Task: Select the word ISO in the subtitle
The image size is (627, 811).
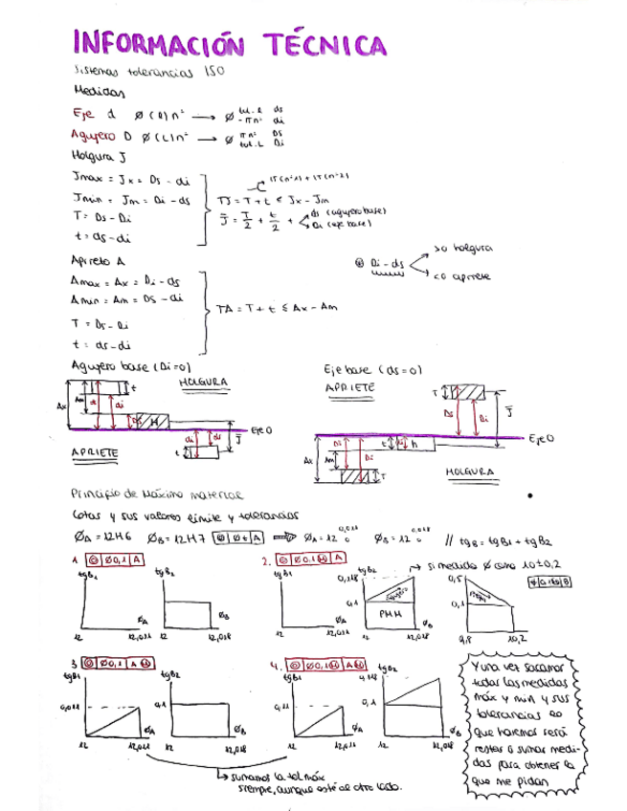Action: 213,72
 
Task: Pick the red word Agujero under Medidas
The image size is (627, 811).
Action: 97,136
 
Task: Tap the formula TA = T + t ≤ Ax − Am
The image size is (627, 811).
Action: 278,308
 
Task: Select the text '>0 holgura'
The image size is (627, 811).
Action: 462,249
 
